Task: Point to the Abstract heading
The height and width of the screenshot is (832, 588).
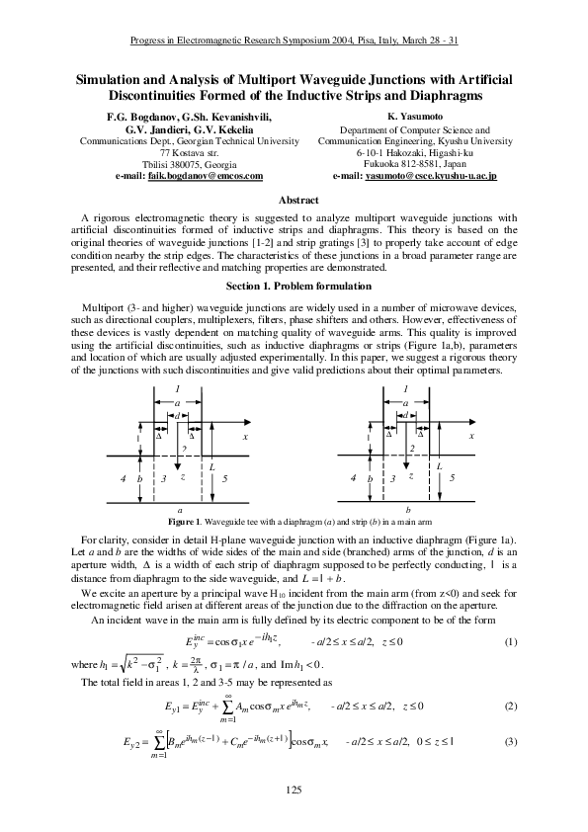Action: click(x=293, y=199)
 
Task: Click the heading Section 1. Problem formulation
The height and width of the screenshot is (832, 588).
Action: click(x=293, y=286)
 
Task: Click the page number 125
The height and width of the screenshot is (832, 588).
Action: click(x=293, y=789)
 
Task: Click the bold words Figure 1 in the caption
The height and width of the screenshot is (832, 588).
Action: click(x=184, y=521)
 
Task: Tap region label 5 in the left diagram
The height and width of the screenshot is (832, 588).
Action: click(x=226, y=477)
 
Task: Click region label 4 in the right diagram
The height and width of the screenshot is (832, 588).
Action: click(x=353, y=477)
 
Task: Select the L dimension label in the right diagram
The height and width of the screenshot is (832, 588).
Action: click(x=440, y=464)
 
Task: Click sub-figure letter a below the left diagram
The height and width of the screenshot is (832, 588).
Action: click(x=179, y=510)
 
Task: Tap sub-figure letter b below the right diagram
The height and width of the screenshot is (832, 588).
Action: click(x=406, y=510)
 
